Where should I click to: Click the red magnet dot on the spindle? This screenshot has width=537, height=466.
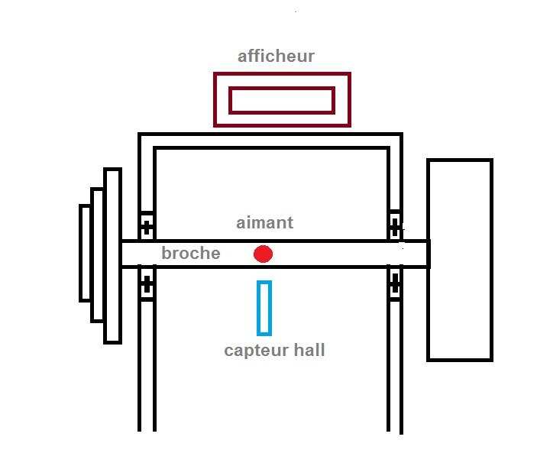coord(263,254)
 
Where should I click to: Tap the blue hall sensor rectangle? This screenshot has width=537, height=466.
coord(264,308)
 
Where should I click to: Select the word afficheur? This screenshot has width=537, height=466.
coord(276,56)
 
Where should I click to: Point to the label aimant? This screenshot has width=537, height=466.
coord(264,223)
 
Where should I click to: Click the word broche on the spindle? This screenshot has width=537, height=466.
coord(191,254)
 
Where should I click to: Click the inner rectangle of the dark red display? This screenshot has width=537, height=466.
coord(281,100)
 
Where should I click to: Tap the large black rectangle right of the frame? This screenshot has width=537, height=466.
coord(459,259)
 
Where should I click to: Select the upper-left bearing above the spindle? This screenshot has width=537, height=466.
coord(147,225)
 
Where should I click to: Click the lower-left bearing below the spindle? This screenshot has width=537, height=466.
coord(147,286)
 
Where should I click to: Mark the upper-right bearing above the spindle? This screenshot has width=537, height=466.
coord(394,225)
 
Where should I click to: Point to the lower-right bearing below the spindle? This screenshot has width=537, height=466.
coord(394,286)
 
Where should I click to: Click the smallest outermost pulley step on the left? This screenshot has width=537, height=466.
coord(86,253)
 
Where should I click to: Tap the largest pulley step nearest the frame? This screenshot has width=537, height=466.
coord(112,255)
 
